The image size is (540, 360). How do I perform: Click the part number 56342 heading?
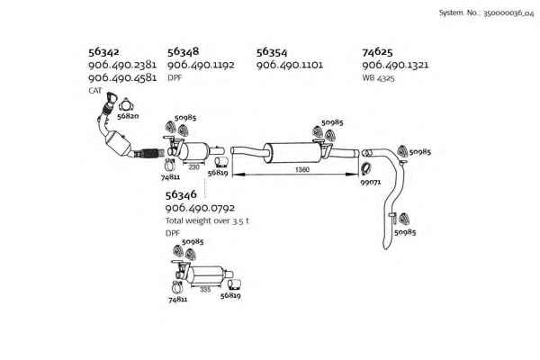pyautogui.click(x=103, y=52)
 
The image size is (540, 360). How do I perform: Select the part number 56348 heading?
pyautogui.click(x=184, y=51)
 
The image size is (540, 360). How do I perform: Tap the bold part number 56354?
pyautogui.click(x=272, y=52)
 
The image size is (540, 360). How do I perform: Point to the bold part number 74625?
pyautogui.click(x=377, y=52)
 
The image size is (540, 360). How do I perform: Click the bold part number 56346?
pyautogui.click(x=181, y=195)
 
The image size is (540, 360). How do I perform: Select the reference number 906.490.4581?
pyautogui.click(x=122, y=77)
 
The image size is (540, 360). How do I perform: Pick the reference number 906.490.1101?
pyautogui.click(x=290, y=65)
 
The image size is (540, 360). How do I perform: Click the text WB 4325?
pyautogui.click(x=379, y=78)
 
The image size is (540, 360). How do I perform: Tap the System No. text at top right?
pyautogui.click(x=486, y=13)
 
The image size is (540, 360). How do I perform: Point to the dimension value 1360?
pyautogui.click(x=302, y=169)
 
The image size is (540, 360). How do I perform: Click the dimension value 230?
pyautogui.click(x=193, y=167)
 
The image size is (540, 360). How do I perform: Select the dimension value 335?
pyautogui.click(x=205, y=290)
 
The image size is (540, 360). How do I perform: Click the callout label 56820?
pyautogui.click(x=128, y=116)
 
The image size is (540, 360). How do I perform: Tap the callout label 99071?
pyautogui.click(x=371, y=182)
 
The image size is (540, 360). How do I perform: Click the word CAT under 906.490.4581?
pyautogui.click(x=95, y=91)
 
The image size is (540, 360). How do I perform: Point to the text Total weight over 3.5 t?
pyautogui.click(x=207, y=220)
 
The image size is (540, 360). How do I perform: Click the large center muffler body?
pyautogui.click(x=292, y=153)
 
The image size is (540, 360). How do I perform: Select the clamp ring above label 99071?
pyautogui.click(x=366, y=169)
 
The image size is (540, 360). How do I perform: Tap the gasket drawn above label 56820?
pyautogui.click(x=126, y=105)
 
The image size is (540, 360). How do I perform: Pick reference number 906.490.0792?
pyautogui.click(x=200, y=208)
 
